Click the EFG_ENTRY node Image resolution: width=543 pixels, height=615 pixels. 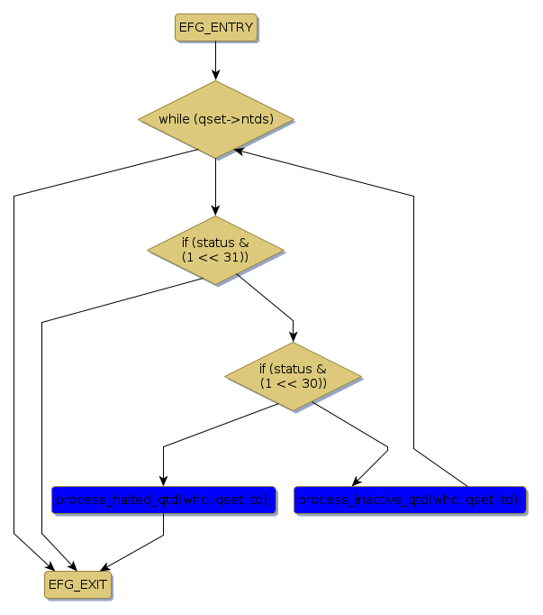click(215, 27)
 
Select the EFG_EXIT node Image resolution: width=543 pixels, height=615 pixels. click(77, 584)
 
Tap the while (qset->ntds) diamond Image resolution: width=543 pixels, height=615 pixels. click(215, 119)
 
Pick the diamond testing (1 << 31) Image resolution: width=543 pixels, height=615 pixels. click(215, 251)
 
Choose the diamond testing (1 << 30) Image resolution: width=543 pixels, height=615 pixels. click(293, 377)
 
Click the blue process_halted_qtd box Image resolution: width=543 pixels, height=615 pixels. click(163, 500)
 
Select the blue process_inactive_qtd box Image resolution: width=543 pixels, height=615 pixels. click(409, 500)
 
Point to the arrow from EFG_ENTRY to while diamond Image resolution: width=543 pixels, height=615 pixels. click(215, 60)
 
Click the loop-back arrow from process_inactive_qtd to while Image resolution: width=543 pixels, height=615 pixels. click(413, 316)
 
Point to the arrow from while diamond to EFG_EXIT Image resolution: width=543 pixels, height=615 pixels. click(14, 361)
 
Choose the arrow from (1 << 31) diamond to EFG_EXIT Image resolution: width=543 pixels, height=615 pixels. click(42, 433)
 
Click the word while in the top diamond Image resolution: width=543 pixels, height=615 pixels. click(174, 120)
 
